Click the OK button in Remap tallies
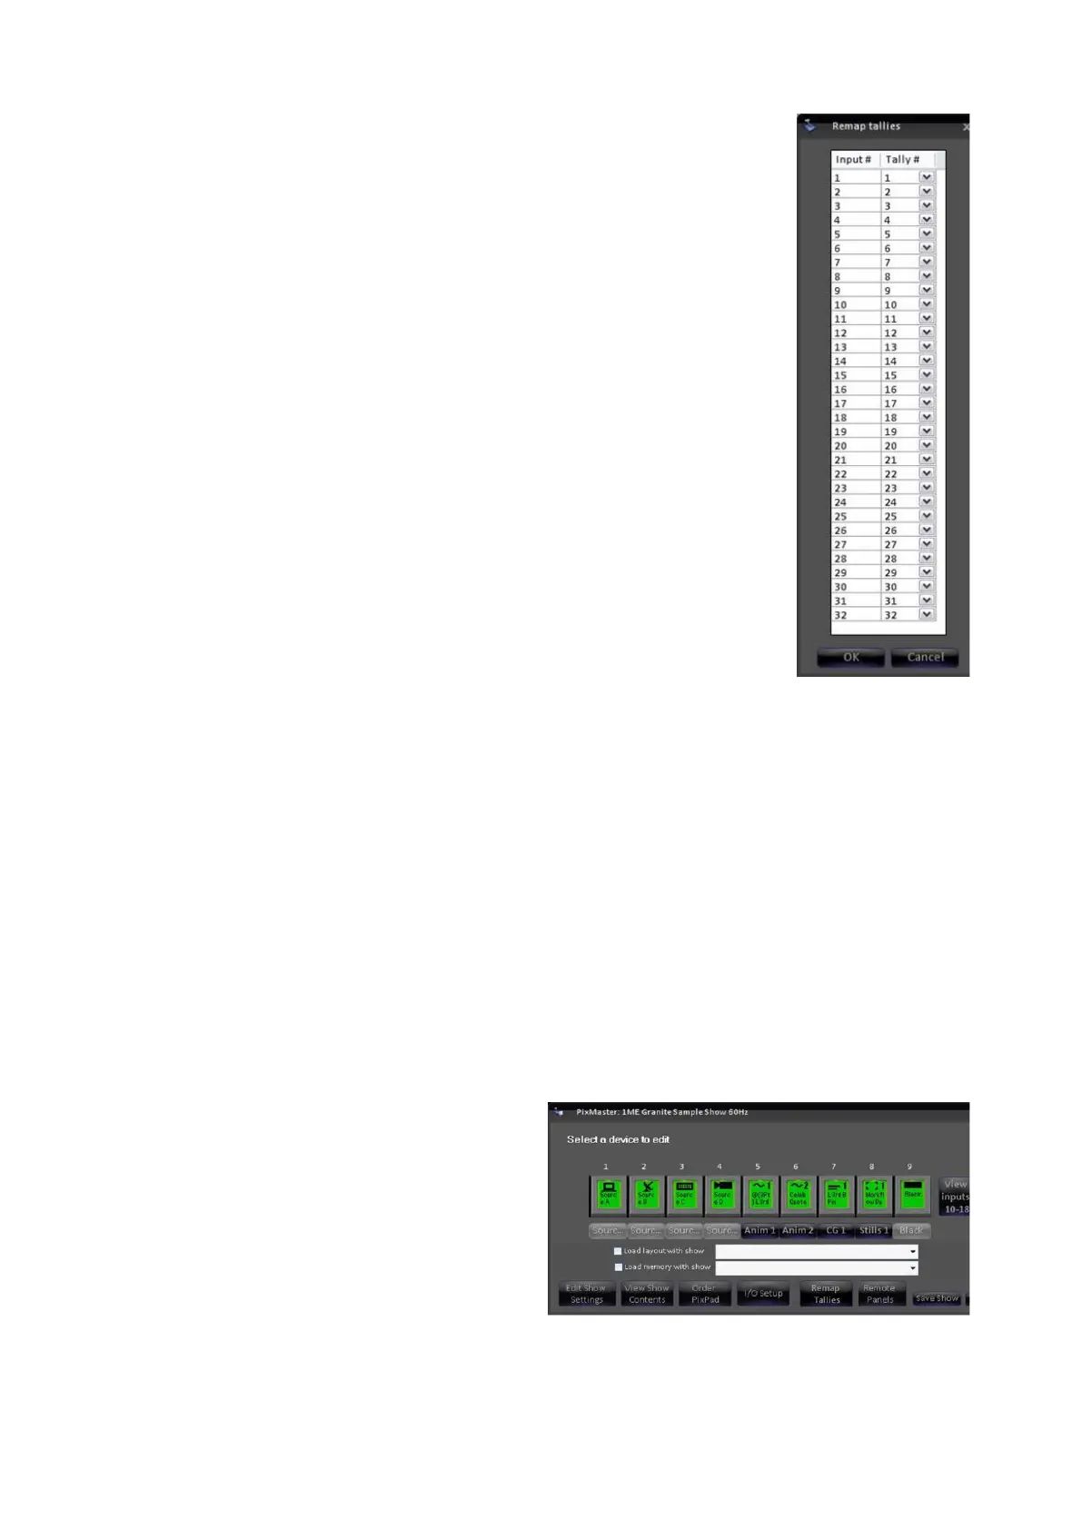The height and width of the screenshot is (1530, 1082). [x=850, y=657]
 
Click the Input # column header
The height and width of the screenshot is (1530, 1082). [x=854, y=160]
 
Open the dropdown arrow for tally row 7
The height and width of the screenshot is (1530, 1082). [x=926, y=262]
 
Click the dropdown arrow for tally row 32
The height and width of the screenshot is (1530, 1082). [x=926, y=614]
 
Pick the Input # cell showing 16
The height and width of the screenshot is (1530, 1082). [x=854, y=389]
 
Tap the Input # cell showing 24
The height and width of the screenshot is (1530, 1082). [x=854, y=502]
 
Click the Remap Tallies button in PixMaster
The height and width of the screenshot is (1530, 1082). [x=826, y=1294]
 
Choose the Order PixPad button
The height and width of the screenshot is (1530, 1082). [x=704, y=1294]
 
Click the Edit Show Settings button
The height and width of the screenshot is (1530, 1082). [x=586, y=1294]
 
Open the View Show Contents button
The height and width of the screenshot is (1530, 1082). [x=646, y=1294]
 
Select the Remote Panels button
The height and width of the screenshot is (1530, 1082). [x=879, y=1294]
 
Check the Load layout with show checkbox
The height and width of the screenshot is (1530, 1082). [x=618, y=1251]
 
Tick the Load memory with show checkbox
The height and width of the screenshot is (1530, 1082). [x=618, y=1267]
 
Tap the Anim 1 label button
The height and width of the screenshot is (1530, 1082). [x=759, y=1230]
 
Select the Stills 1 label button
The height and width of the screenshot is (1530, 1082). [x=874, y=1230]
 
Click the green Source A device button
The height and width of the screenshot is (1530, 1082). [x=608, y=1195]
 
